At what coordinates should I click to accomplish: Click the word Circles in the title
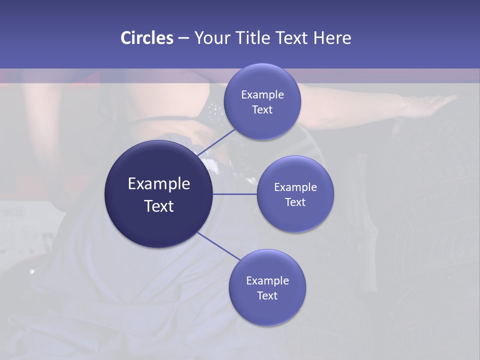[147, 38]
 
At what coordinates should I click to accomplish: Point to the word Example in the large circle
[159, 184]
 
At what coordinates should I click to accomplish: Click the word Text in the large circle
[159, 206]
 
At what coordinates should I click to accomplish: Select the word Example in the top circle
[262, 95]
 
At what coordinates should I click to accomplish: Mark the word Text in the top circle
[262, 110]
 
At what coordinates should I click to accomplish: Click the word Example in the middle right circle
[295, 187]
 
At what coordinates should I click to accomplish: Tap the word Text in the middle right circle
[295, 202]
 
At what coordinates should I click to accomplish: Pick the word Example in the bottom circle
[267, 281]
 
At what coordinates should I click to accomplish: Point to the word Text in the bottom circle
[267, 296]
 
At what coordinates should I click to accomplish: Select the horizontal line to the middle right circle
[235, 194]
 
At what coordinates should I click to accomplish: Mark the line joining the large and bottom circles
[218, 246]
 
